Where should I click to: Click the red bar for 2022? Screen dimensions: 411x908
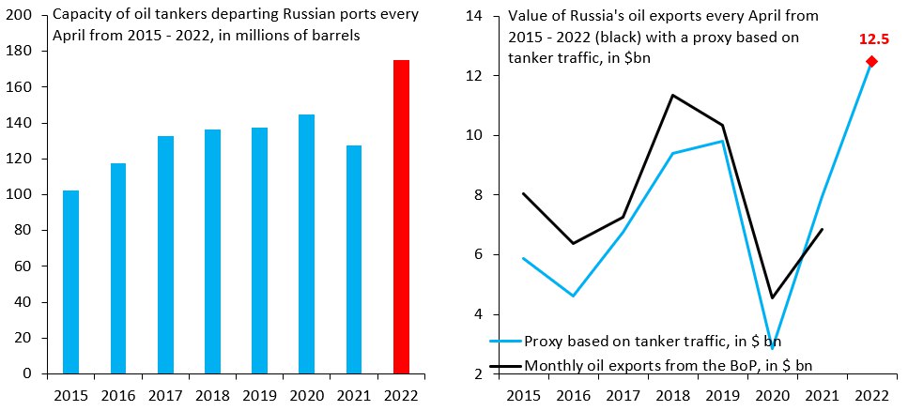[401, 217]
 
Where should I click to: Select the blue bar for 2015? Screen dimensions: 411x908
[70, 282]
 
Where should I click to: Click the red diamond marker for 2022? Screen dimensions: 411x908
[870, 61]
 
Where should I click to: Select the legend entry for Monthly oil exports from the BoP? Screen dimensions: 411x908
[668, 364]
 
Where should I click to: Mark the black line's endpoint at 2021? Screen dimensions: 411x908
[822, 229]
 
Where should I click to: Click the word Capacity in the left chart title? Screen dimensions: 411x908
[82, 15]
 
